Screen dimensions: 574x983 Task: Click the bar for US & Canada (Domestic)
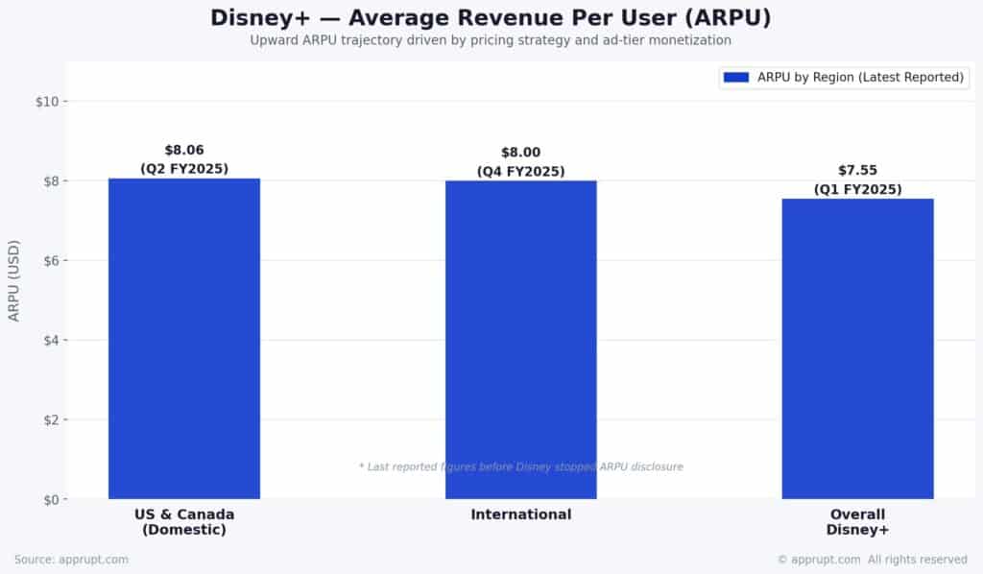pos(184,338)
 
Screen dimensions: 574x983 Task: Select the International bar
pos(520,339)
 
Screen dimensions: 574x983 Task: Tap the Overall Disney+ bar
pos(857,348)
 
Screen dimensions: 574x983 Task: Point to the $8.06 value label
pos(184,150)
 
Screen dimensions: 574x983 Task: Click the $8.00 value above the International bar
pos(520,153)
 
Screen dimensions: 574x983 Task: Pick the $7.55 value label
pos(857,171)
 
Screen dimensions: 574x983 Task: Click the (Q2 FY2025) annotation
pos(184,169)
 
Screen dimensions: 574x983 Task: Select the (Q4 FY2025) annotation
pos(520,172)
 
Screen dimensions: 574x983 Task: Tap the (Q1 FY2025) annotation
pos(857,189)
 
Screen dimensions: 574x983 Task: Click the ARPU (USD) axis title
pos(14,280)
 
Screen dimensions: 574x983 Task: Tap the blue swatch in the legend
pos(736,78)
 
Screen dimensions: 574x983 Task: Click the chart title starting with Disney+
pos(491,18)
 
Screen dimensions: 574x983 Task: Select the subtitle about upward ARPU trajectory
pos(491,40)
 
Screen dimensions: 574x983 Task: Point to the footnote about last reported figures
pos(520,466)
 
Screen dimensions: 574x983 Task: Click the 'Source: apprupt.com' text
pos(71,560)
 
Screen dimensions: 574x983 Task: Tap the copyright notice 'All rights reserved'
pos(872,560)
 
